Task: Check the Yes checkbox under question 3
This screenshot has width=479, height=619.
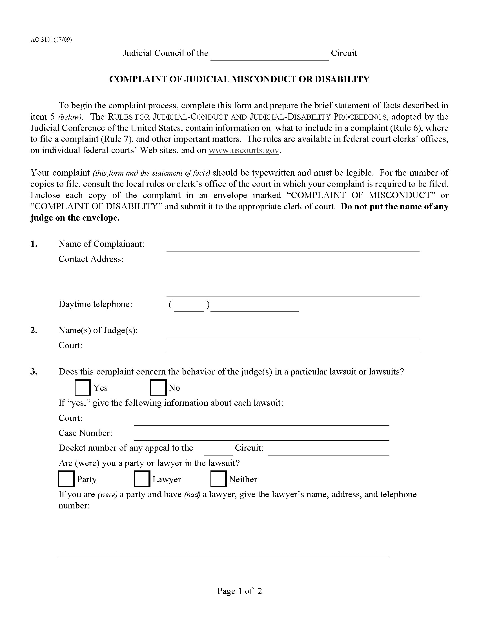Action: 83,387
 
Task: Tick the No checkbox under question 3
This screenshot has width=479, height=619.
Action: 158,387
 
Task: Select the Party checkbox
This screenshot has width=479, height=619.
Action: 66,479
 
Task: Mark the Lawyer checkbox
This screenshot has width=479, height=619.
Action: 142,479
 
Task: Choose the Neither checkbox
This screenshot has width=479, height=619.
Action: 218,479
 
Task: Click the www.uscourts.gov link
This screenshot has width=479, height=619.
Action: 244,150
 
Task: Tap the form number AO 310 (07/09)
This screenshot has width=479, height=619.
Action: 51,40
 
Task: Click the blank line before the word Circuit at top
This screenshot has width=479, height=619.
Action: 269,57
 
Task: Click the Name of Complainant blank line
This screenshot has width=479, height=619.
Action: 292,247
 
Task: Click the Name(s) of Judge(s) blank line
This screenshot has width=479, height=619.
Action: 292,334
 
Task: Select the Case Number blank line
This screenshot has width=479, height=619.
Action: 261,436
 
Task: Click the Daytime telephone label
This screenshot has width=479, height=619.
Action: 95,304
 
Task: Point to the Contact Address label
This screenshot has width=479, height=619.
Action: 91,259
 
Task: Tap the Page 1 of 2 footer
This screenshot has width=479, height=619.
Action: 239,591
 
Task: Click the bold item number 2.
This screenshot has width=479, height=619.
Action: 34,331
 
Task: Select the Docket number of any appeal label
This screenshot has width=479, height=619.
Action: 125,448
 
